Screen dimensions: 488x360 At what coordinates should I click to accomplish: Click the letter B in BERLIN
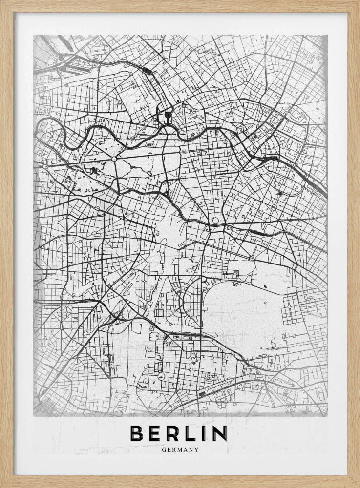139,433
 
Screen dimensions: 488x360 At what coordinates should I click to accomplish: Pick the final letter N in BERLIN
219,433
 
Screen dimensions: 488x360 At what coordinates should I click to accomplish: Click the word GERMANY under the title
180,450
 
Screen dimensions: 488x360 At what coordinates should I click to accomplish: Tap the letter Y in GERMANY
196,450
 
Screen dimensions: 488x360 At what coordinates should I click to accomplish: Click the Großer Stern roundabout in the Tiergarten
113,158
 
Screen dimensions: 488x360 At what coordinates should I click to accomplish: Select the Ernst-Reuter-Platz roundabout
45,166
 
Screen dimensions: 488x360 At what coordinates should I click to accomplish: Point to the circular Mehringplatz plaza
215,221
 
